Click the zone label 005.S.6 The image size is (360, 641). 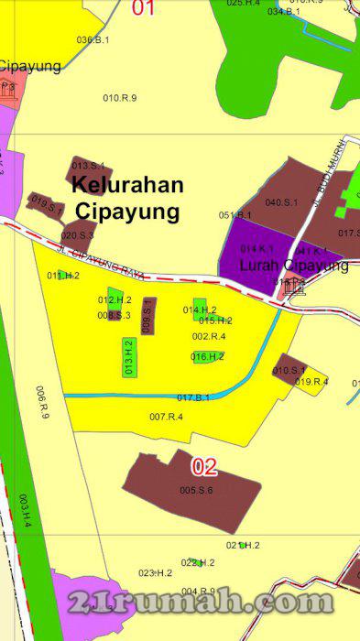[196, 491]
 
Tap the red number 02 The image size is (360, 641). [204, 467]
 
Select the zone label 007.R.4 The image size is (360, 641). [166, 418]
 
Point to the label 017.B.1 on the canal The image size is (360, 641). [193, 397]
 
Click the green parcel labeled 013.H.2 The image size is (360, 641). [129, 357]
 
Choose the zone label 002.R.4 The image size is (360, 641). [209, 336]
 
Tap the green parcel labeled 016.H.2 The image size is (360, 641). [208, 356]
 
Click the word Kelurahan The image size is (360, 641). [127, 185]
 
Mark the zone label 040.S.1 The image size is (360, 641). [281, 202]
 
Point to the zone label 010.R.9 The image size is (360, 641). [120, 97]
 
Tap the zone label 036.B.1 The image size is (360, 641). [93, 40]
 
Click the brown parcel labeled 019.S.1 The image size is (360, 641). [46, 205]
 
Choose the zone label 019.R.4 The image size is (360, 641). [311, 382]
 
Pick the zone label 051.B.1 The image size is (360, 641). [235, 215]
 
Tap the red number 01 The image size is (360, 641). [144, 8]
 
